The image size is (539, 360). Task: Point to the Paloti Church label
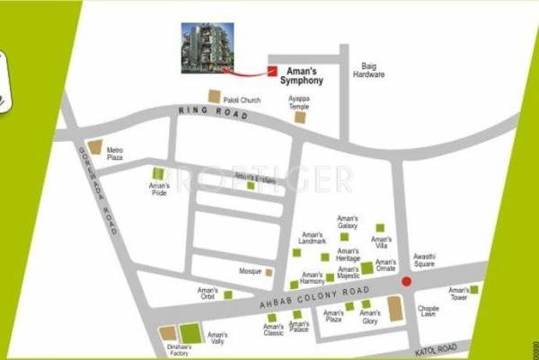click(x=241, y=101)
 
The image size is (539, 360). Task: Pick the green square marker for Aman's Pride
click(x=159, y=173)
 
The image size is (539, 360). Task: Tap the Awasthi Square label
click(x=424, y=261)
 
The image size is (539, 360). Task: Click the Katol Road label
click(x=437, y=346)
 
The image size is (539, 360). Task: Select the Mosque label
click(x=249, y=271)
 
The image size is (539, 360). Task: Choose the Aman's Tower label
click(x=458, y=294)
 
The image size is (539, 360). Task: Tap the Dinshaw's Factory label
click(x=179, y=350)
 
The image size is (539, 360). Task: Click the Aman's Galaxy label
click(x=348, y=222)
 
